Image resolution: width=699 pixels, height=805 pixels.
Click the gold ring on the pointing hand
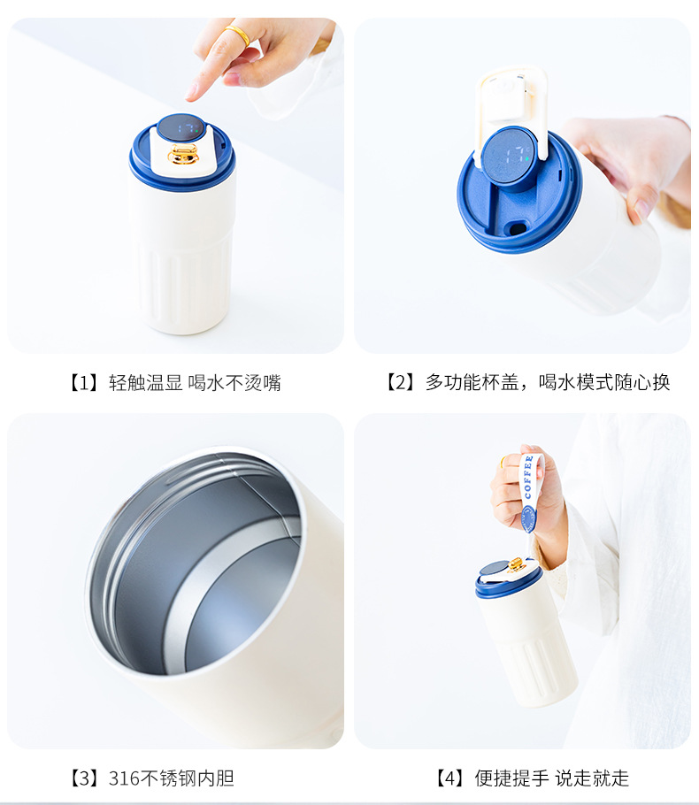[237, 34]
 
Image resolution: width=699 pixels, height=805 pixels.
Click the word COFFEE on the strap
[527, 477]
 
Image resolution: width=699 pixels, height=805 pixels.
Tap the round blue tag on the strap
[528, 518]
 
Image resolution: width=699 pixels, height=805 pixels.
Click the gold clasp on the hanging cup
[516, 565]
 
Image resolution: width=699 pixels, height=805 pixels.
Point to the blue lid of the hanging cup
[507, 579]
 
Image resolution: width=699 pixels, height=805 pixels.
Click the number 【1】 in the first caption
[84, 383]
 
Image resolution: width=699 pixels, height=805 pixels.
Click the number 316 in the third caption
[124, 778]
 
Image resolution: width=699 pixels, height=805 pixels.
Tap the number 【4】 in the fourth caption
[449, 778]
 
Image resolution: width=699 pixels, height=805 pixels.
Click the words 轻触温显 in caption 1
[145, 383]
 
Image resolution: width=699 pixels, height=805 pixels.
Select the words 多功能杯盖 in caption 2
[472, 382]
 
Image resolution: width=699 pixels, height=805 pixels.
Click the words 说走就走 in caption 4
[592, 778]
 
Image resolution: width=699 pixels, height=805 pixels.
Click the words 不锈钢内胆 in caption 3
[187, 778]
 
